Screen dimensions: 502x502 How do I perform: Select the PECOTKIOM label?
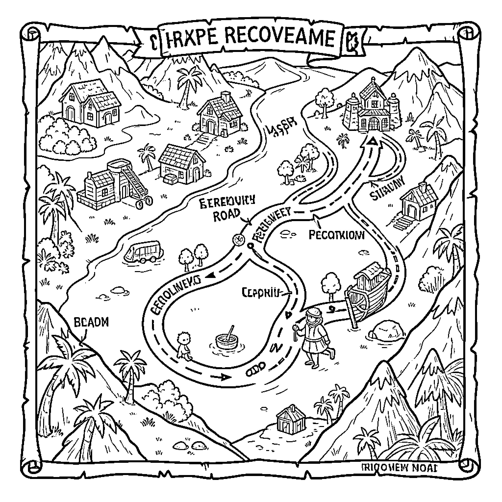click(337, 235)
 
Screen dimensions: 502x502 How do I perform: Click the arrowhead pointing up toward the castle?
click(373, 140)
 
